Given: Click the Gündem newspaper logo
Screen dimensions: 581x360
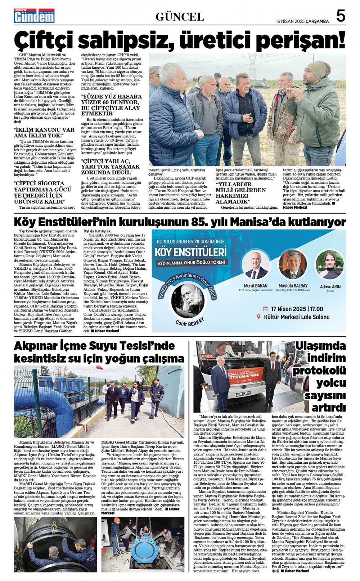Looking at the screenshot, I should click(34, 16).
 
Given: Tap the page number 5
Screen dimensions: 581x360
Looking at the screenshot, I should click(341, 16).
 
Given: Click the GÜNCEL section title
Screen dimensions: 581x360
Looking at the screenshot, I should click(180, 17).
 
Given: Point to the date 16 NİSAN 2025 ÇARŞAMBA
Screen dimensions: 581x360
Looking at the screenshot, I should click(302, 21).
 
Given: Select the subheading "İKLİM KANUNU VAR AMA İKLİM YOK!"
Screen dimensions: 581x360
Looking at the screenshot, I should click(44, 133).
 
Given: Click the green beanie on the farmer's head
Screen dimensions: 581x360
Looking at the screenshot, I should click(318, 69).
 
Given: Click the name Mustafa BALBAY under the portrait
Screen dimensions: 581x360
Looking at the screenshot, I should click(293, 286).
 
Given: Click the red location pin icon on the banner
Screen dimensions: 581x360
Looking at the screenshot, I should click(258, 317).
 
